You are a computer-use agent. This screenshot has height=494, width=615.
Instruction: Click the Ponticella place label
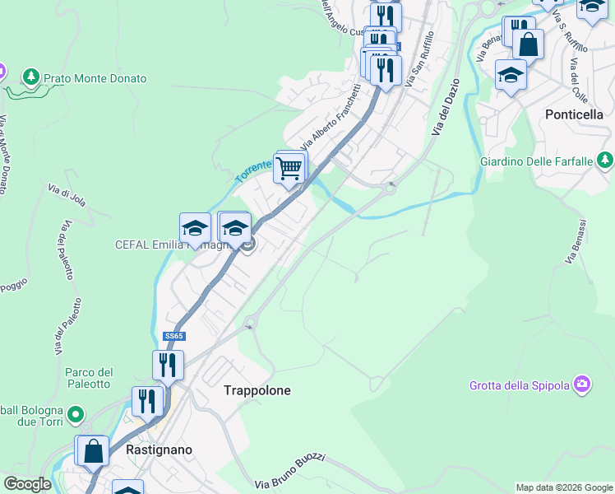pyautogui.click(x=575, y=114)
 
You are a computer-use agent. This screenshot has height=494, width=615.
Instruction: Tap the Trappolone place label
pyautogui.click(x=257, y=390)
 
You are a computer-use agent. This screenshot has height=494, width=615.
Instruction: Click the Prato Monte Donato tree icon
pyautogui.click(x=31, y=77)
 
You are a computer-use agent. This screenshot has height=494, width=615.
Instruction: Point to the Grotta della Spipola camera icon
pyautogui.click(x=583, y=384)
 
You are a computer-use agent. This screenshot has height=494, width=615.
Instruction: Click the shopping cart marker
pyautogui.click(x=289, y=169)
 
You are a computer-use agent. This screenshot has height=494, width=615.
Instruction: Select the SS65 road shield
pyautogui.click(x=172, y=336)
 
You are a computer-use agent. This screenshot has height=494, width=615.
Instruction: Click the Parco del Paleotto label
pyautogui.click(x=88, y=378)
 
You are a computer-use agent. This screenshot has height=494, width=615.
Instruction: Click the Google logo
pyautogui.click(x=26, y=484)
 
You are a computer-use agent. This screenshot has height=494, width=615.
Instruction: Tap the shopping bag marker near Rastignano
pyautogui.click(x=94, y=450)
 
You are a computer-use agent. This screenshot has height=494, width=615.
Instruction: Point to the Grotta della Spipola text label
pyautogui.click(x=520, y=384)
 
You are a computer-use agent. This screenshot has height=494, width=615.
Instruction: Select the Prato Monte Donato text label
pyautogui.click(x=95, y=78)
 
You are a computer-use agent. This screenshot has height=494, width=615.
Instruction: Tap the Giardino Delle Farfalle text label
pyautogui.click(x=537, y=161)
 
